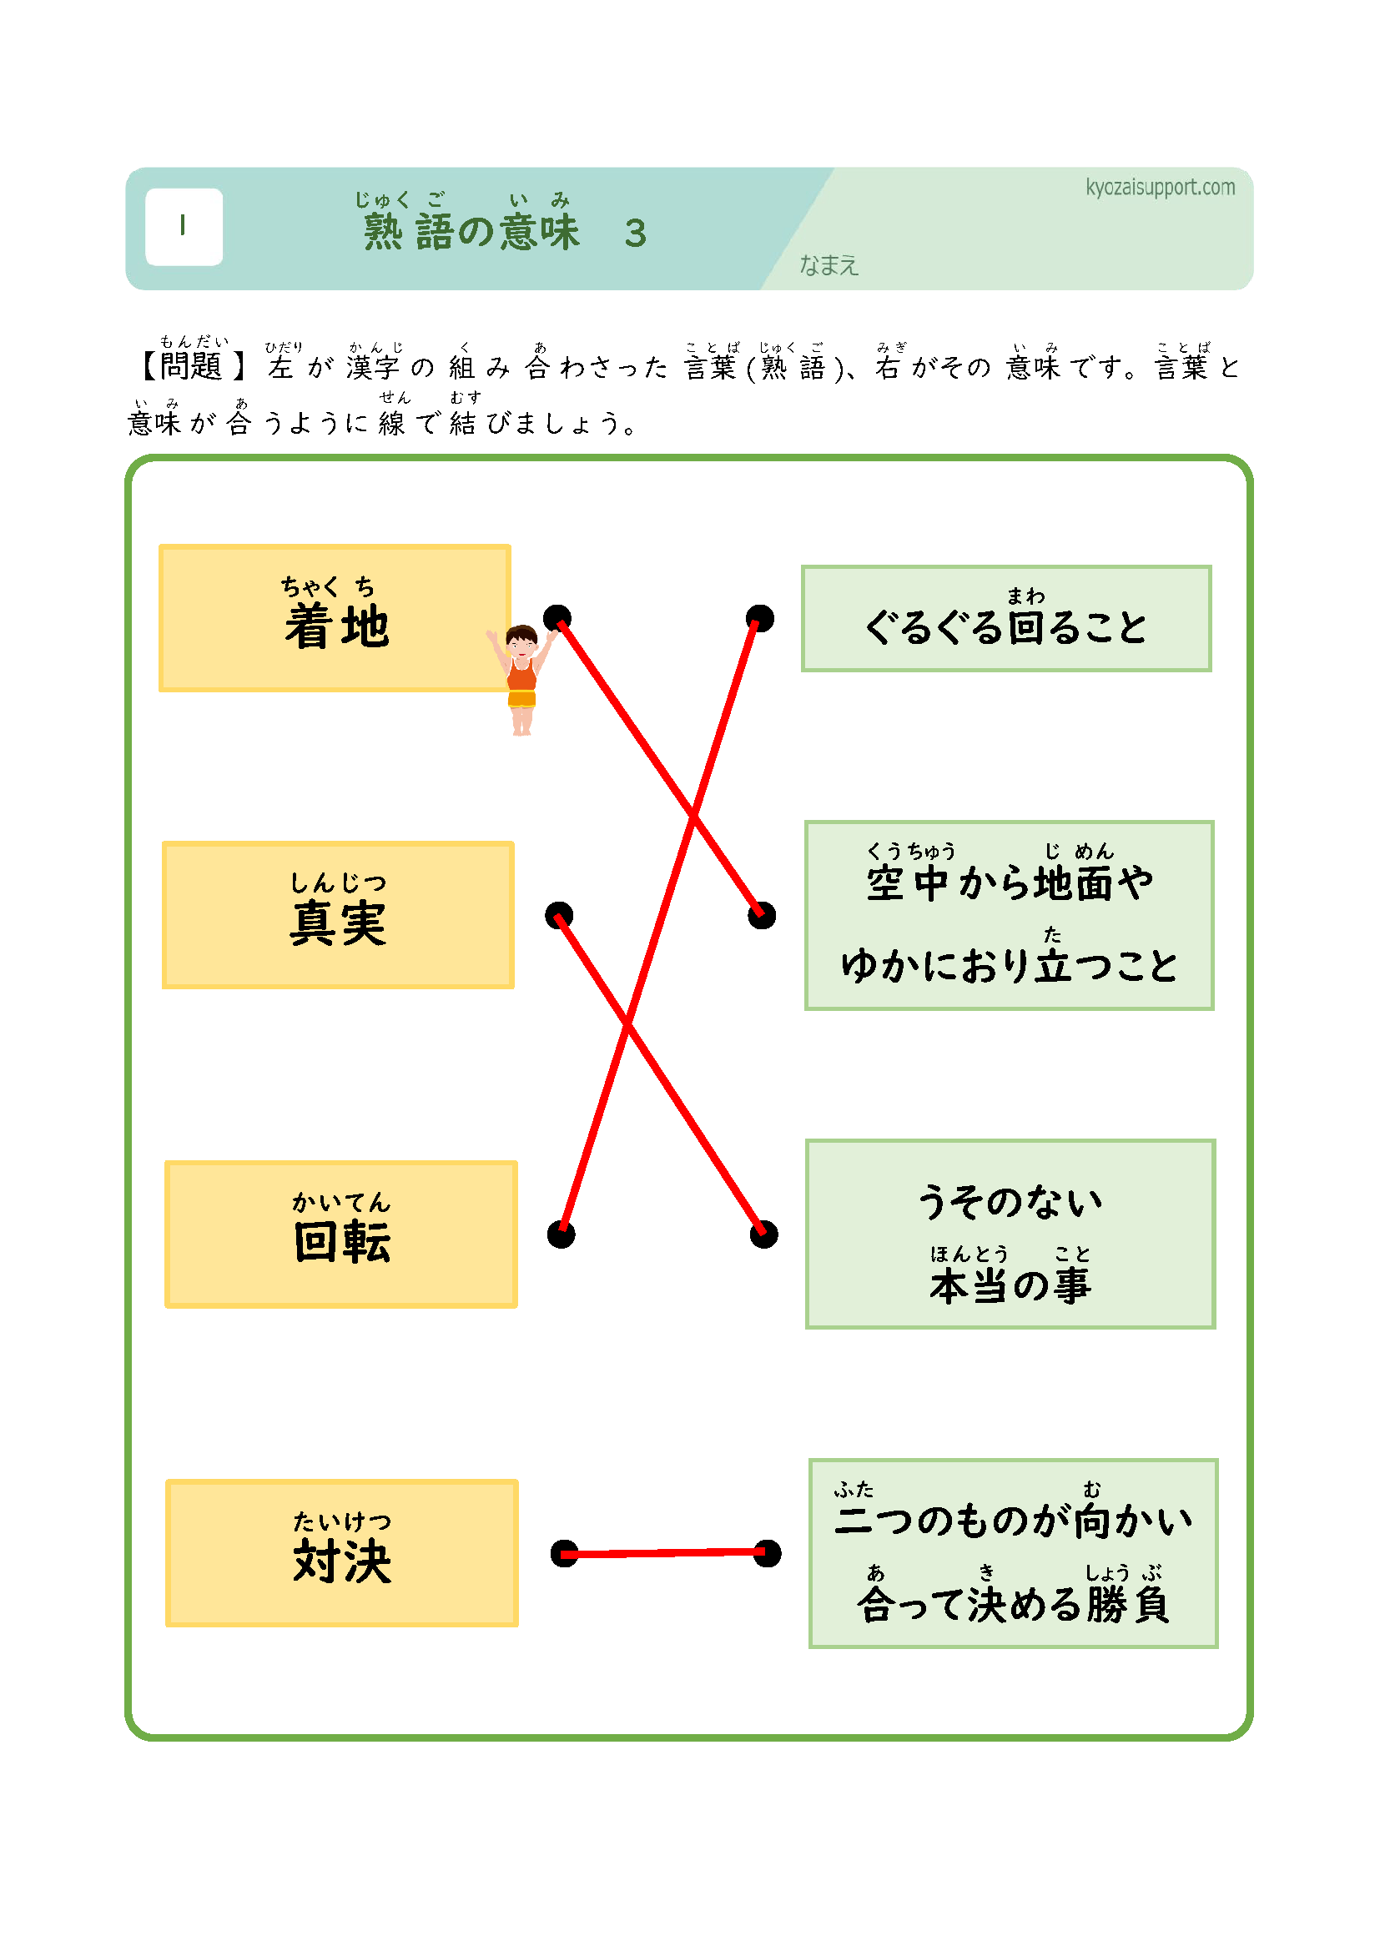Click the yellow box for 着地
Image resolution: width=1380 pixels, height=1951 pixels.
pyautogui.click(x=334, y=618)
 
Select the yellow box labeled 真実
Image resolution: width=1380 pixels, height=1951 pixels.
pyautogui.click(x=338, y=914)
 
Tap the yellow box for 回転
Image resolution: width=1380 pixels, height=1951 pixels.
pyautogui.click(x=340, y=1233)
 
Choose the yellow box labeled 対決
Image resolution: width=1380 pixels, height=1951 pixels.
pyautogui.click(x=341, y=1552)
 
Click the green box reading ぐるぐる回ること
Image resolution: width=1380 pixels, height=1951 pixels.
pyautogui.click(x=1006, y=618)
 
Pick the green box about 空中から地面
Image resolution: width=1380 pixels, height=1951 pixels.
pyautogui.click(x=1009, y=915)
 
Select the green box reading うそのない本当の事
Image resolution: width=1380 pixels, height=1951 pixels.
pyautogui.click(x=1010, y=1234)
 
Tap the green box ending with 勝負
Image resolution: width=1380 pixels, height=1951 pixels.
pyautogui.click(x=1013, y=1553)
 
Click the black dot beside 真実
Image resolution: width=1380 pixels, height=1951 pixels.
pyautogui.click(x=558, y=915)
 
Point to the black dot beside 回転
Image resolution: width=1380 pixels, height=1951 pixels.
pyautogui.click(x=561, y=1234)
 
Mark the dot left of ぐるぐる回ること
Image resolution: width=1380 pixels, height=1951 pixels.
pyautogui.click(x=760, y=618)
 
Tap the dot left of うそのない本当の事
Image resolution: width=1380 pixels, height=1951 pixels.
pyautogui.click(x=763, y=1234)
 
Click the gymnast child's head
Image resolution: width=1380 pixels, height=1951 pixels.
pyautogui.click(x=521, y=639)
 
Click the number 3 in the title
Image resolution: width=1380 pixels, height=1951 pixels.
pyautogui.click(x=636, y=234)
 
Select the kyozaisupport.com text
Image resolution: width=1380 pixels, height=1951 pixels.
pyautogui.click(x=1160, y=187)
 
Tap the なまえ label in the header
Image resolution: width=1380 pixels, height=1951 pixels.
pyautogui.click(x=829, y=266)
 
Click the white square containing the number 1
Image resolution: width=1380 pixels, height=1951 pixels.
pyautogui.click(x=184, y=227)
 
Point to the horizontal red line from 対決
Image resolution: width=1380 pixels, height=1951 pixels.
pyautogui.click(x=665, y=1553)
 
